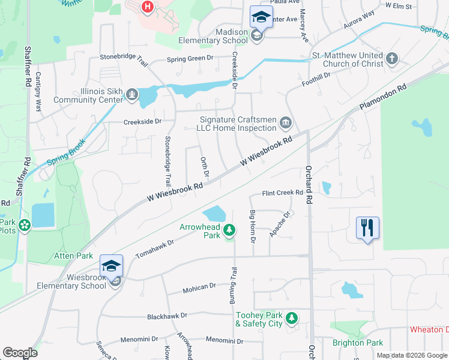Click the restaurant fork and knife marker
coord(367,228)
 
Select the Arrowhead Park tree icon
coord(229,230)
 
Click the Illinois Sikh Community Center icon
coord(131,94)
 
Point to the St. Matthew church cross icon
coord(392,58)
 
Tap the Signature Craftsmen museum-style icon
coord(286,124)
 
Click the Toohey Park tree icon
coord(292,317)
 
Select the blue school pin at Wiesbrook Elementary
coord(112,266)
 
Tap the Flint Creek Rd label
coord(282,193)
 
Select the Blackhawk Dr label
coord(167,315)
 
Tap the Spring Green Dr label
coord(190,59)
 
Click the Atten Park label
coord(73,256)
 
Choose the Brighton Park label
coord(358,343)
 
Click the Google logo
coord(20,353)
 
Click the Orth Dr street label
coord(205,166)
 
